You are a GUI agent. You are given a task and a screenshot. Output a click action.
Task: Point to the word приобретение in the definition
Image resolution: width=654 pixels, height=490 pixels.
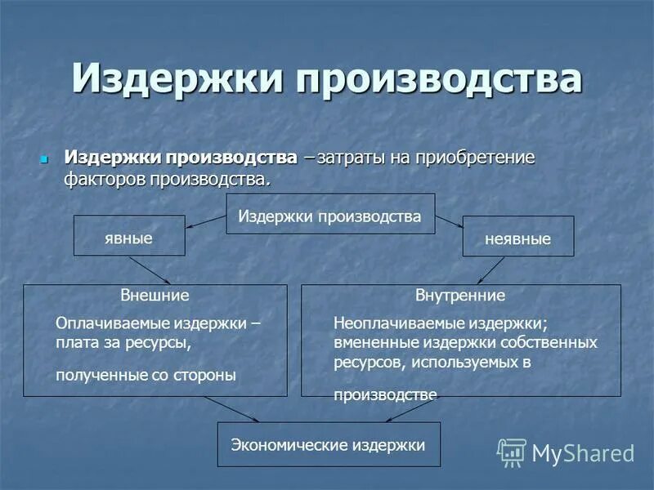tap(475, 157)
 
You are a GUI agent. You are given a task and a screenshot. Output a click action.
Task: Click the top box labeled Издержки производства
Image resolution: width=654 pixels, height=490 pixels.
tap(329, 216)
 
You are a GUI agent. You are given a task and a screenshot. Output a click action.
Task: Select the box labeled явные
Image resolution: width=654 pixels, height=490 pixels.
tap(129, 237)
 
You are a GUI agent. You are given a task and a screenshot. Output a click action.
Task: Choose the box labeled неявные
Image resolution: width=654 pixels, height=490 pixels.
tap(517, 239)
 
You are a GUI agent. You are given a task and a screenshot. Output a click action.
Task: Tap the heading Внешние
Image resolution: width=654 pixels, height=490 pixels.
tap(155, 295)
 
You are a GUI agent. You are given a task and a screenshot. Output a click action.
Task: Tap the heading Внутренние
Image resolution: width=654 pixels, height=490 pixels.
tap(460, 295)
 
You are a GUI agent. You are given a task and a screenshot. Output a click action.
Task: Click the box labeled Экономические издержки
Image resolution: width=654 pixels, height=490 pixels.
tap(328, 445)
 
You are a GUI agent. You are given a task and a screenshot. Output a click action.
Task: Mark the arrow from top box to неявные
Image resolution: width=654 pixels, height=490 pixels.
tap(450, 221)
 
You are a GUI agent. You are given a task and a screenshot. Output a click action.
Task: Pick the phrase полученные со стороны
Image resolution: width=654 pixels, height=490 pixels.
tap(146, 375)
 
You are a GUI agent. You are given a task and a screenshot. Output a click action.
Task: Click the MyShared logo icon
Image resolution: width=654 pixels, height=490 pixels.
tap(511, 452)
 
